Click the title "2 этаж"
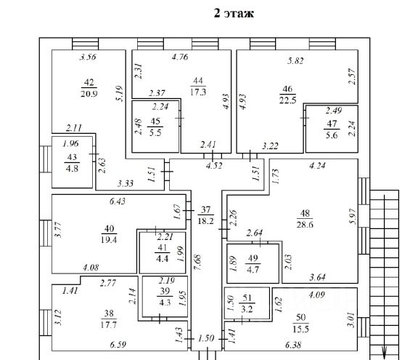tap(234, 13)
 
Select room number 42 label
tap(89, 82)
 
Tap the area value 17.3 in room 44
tap(198, 92)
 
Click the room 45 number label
tap(155, 121)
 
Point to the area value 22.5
tap(287, 100)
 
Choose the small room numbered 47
tap(332, 129)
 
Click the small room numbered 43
tap(72, 162)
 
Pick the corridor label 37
tap(206, 209)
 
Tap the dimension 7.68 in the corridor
tap(197, 263)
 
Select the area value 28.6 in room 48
tap(305, 224)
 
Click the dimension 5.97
tap(353, 216)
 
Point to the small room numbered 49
tap(253, 263)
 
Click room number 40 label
tap(109, 229)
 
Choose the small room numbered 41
tap(163, 252)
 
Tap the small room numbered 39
tap(165, 296)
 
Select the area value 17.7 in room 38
tap(109, 324)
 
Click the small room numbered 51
tap(247, 303)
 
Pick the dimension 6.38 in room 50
tap(293, 345)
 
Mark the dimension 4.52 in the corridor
tap(214, 166)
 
